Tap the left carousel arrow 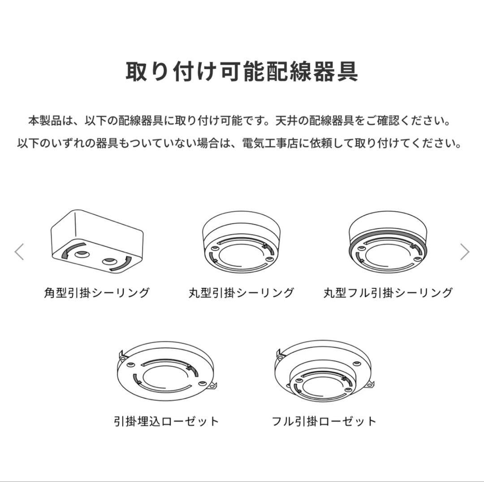19,252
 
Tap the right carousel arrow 465,252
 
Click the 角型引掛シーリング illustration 97,242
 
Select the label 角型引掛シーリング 97,293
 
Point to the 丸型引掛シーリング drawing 242,244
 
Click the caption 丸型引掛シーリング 242,293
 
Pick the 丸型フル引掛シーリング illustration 388,244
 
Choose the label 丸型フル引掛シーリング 388,293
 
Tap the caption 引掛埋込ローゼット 166,421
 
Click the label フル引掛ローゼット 324,421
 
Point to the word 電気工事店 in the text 272,143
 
